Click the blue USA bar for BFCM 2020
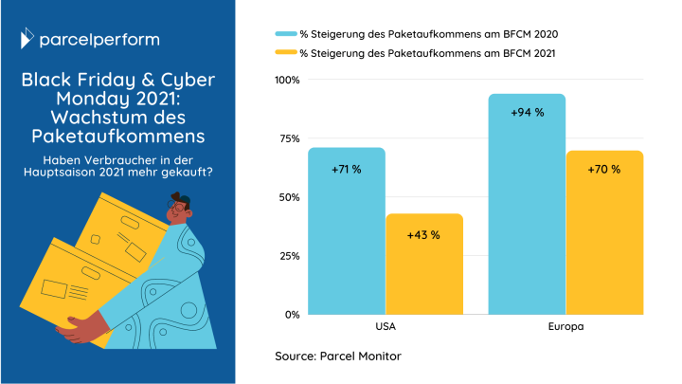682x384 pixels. click(x=346, y=237)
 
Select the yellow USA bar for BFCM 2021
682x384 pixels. click(x=423, y=270)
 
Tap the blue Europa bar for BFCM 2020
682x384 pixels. click(x=527, y=209)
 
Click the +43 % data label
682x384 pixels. click(x=423, y=234)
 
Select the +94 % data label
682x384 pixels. click(x=527, y=112)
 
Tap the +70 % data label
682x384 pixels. click(x=604, y=169)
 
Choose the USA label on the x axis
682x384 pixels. click(x=385, y=327)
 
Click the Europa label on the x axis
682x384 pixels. click(x=565, y=327)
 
